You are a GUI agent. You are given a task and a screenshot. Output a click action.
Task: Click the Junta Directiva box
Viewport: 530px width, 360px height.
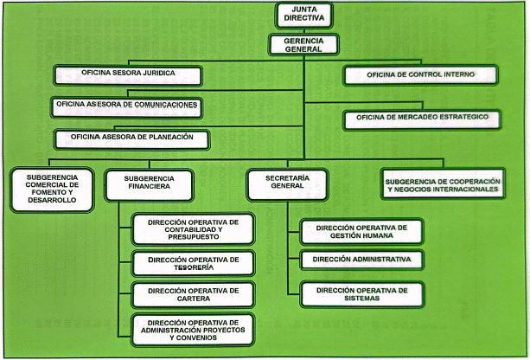coord(303,14)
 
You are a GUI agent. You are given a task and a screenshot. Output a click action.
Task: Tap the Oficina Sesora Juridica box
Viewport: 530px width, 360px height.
coord(127,74)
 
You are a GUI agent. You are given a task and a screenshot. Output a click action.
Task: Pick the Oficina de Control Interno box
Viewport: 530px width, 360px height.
coord(420,76)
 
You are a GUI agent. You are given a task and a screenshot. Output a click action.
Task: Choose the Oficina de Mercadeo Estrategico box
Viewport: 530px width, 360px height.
coord(420,118)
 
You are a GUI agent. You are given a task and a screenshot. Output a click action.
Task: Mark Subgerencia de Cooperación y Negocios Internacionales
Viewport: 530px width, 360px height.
coord(443,183)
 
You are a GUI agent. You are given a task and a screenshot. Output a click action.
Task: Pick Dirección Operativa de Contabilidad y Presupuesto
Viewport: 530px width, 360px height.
coord(193,229)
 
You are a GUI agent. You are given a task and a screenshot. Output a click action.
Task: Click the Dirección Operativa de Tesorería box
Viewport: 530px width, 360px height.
coord(193,263)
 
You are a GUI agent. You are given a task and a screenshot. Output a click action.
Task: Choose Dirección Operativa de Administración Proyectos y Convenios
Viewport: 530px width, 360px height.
coord(193,329)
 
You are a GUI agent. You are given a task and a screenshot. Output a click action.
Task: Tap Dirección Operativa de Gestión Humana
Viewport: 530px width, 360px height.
coord(361,231)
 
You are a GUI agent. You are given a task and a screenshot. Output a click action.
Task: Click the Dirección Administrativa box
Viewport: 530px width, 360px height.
coord(361,260)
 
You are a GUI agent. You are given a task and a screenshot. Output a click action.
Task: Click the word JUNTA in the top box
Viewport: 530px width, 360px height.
coord(303,9)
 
